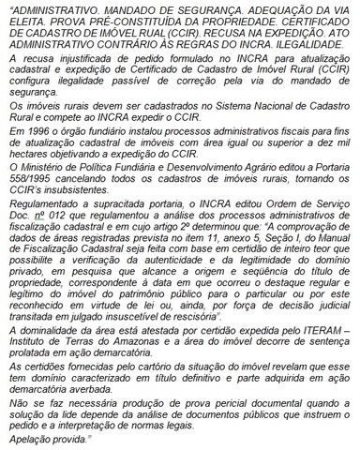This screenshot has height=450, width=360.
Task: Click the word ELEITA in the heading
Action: pos(23,21)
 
